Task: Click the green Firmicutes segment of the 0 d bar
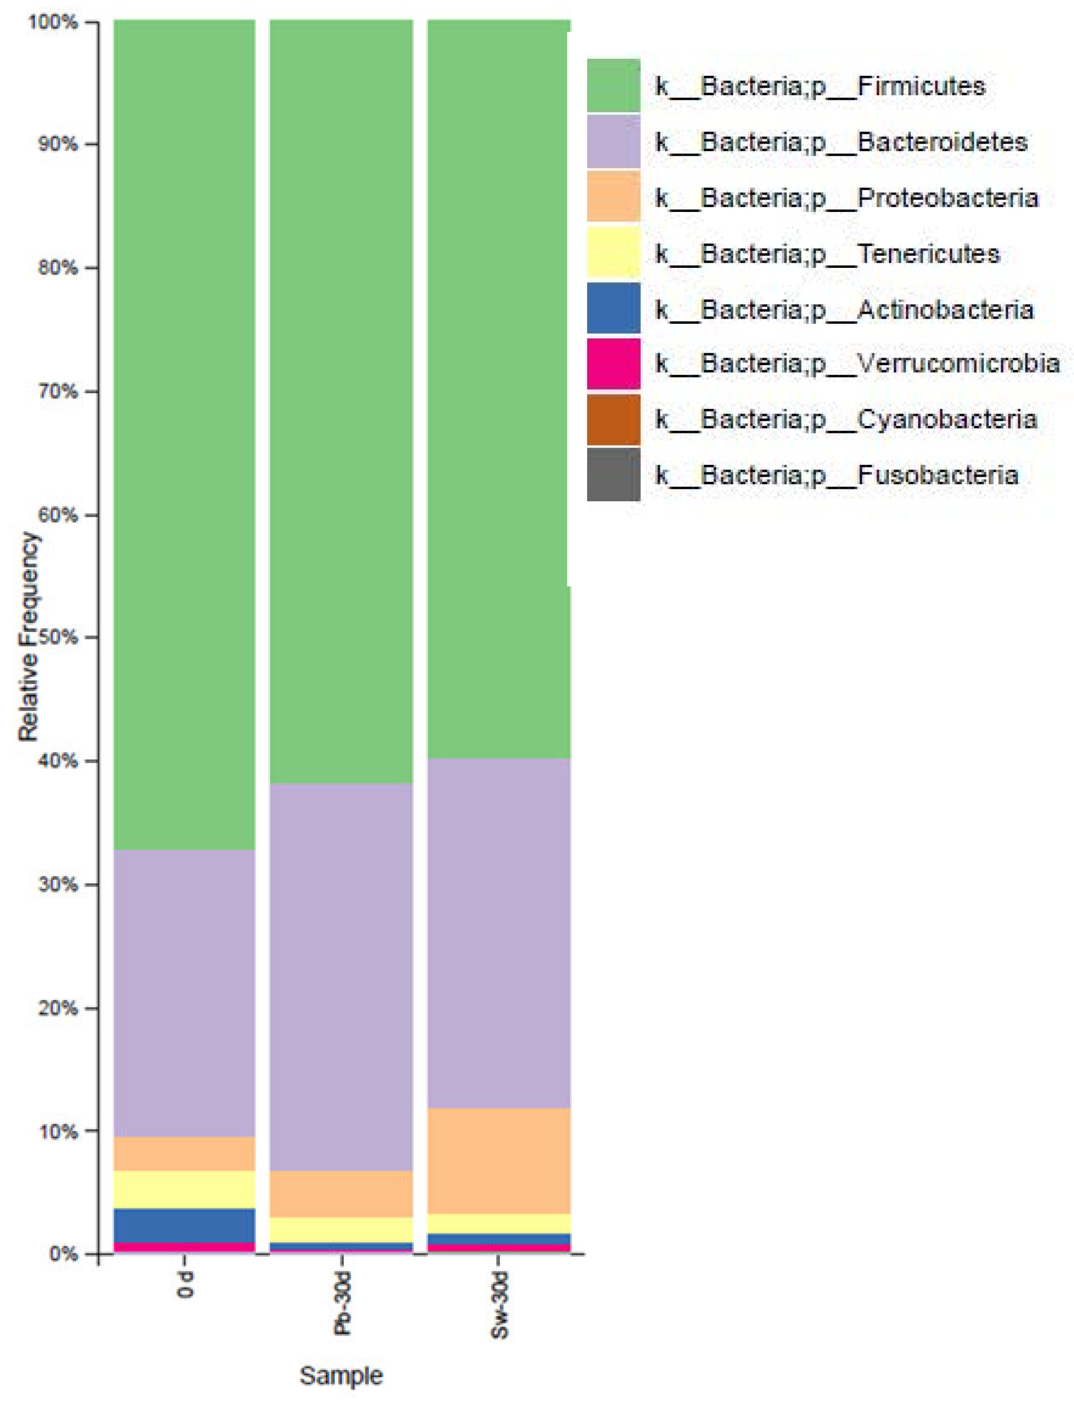184,434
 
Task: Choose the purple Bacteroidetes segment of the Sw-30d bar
499,933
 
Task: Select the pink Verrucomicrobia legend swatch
613,364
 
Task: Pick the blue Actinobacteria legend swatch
613,309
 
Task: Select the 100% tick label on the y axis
54,23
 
